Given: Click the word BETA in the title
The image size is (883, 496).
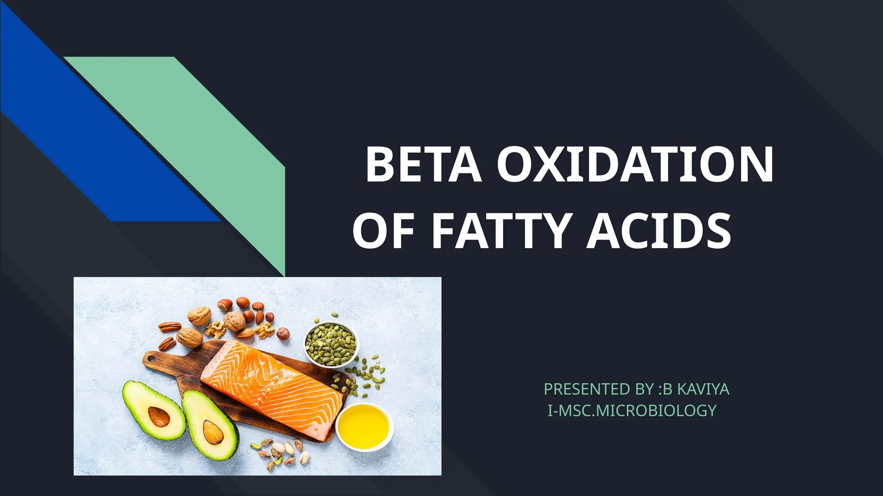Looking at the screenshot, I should tap(423, 165).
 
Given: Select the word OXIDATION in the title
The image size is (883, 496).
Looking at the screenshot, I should tap(635, 165).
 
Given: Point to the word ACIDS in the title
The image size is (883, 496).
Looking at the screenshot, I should tap(658, 231).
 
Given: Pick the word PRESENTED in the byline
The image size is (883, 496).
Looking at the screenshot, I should tap(587, 389).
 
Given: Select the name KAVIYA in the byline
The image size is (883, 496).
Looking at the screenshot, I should tap(703, 389).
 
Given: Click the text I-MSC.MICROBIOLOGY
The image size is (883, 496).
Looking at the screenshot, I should tap(632, 411).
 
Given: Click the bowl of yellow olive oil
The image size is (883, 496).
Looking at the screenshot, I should tap(364, 427).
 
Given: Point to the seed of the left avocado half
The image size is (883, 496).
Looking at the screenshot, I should tap(158, 416).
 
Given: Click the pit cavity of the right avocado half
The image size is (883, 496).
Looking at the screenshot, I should tap(213, 433).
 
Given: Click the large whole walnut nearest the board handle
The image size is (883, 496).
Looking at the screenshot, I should tap(189, 338).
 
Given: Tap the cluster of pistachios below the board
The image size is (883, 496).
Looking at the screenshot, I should tap(280, 452).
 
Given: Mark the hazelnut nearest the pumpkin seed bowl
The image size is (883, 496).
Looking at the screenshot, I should tap(282, 333).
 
